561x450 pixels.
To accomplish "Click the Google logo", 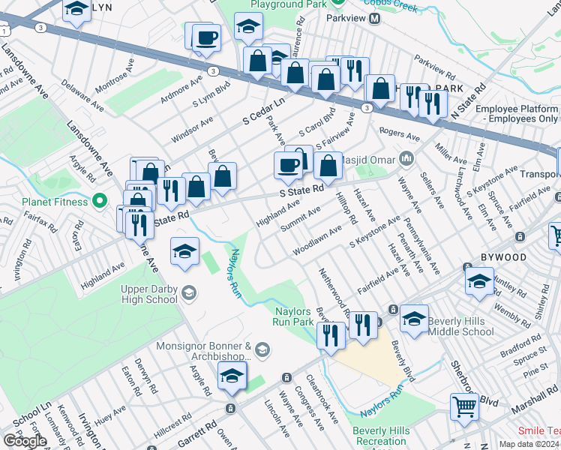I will tap(25, 440).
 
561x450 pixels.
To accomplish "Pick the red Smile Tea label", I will tap(538, 431).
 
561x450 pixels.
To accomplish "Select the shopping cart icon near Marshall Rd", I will tap(465, 407).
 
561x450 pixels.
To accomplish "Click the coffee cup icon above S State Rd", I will tap(287, 166).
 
